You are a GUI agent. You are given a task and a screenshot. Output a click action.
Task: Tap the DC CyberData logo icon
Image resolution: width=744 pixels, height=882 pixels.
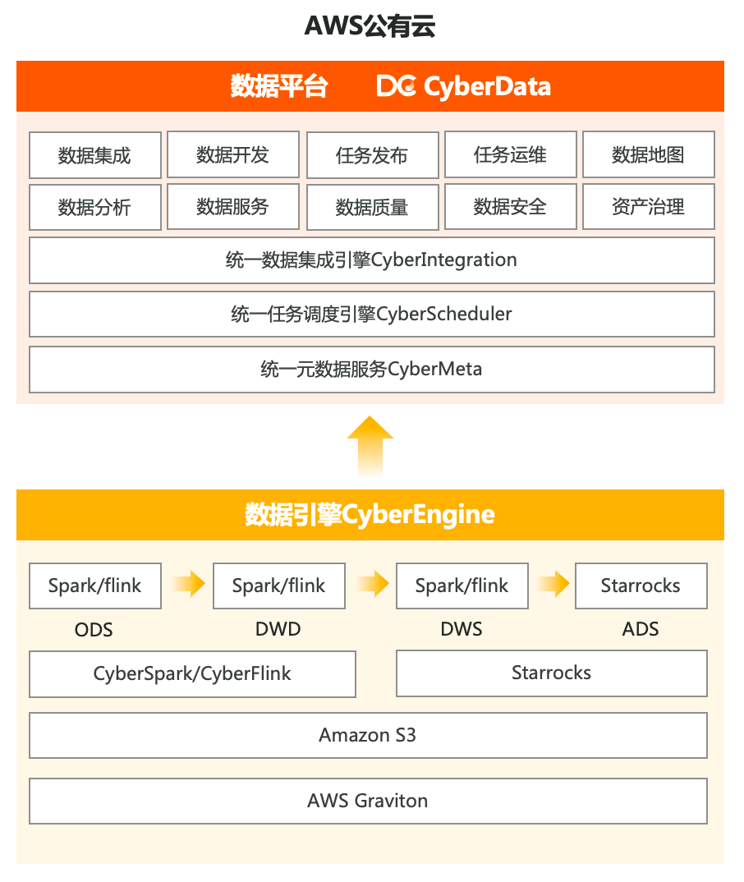(x=397, y=86)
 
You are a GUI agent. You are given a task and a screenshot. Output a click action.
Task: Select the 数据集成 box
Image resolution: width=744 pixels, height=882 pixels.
(x=94, y=155)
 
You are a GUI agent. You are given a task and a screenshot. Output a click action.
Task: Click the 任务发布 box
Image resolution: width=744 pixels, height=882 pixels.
(x=372, y=155)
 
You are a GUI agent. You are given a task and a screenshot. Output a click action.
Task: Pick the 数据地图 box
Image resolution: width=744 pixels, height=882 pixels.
(x=648, y=154)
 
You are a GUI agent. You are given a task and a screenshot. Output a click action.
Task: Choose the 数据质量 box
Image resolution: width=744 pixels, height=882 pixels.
(x=372, y=207)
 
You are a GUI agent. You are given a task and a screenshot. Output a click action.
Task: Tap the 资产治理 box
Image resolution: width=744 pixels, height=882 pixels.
(x=648, y=207)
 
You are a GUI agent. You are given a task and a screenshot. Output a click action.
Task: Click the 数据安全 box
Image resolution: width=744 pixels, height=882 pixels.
(x=510, y=207)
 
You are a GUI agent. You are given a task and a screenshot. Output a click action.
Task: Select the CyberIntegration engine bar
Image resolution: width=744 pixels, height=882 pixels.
(x=371, y=260)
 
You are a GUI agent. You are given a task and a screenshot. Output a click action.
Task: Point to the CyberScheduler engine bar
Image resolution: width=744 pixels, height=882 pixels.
(x=371, y=314)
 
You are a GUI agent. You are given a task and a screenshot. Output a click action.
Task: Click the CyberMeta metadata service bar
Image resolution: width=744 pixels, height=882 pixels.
(x=371, y=369)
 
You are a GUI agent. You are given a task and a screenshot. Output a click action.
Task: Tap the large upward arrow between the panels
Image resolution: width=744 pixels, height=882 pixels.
(x=370, y=444)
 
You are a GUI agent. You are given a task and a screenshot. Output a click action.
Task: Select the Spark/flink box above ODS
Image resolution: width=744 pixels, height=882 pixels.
(x=94, y=586)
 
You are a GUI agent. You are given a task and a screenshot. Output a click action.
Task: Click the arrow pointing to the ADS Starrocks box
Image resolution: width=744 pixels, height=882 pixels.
(x=553, y=585)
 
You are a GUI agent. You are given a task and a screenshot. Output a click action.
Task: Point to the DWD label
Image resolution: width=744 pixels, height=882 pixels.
(x=278, y=630)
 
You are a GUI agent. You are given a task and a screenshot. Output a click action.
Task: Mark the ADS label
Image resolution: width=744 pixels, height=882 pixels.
(x=641, y=630)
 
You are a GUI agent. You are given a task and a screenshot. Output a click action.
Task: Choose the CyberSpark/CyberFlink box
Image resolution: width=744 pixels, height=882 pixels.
(x=192, y=674)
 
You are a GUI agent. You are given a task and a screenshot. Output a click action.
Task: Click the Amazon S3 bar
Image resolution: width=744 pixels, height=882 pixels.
(x=368, y=735)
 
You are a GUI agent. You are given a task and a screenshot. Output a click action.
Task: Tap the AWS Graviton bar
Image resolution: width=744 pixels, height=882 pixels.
(x=368, y=801)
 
